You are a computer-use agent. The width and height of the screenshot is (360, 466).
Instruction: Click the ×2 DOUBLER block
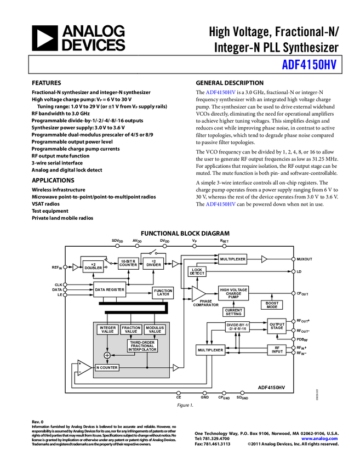93,266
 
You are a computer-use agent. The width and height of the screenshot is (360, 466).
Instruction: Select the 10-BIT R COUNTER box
128,263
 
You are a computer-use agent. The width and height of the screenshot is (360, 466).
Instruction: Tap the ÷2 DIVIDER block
153,263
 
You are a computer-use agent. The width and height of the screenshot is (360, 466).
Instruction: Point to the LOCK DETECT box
197,271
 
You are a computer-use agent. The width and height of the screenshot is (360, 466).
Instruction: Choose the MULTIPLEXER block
232,259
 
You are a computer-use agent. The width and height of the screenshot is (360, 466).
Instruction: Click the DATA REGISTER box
110,289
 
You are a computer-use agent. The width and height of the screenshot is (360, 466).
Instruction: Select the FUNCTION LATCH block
163,293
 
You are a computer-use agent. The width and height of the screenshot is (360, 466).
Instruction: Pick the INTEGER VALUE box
107,329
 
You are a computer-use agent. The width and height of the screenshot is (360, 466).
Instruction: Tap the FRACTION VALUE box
131,329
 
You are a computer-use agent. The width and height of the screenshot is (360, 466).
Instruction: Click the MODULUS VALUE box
155,329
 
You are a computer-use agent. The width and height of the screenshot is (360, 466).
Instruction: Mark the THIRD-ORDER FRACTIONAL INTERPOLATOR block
142,346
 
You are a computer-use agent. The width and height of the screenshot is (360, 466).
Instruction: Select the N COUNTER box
107,368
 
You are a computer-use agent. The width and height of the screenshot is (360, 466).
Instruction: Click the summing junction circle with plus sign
107,355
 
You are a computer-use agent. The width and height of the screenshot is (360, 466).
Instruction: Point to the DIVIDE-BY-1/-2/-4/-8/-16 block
237,327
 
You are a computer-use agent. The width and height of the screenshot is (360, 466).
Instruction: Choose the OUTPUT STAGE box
277,326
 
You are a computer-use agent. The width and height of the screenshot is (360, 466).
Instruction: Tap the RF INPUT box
277,350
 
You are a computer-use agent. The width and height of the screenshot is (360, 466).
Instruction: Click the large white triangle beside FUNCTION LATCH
198,294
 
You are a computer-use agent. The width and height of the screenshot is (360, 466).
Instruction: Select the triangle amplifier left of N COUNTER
84,367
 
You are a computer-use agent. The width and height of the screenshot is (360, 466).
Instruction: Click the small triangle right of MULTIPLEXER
264,259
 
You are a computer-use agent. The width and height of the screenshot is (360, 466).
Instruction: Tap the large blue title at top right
309,64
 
